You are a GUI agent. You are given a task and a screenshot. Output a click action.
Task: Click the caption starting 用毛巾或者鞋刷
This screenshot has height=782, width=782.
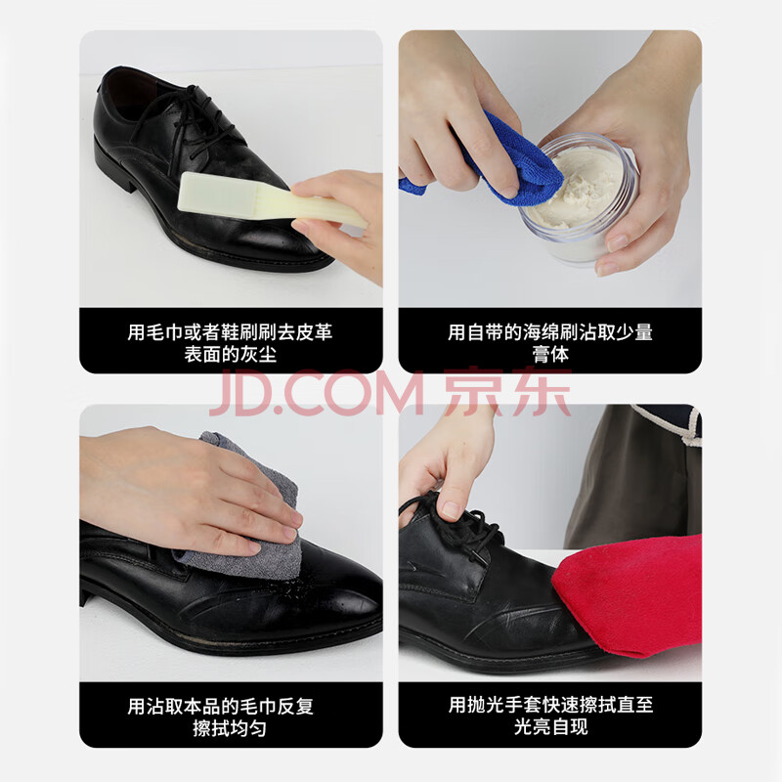[x=231, y=343]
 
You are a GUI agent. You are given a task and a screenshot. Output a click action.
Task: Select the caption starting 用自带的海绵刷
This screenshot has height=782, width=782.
[x=550, y=343]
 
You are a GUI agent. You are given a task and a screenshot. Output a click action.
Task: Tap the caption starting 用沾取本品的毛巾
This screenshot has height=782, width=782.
[x=221, y=717]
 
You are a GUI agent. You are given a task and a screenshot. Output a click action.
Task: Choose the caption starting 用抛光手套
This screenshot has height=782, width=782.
[x=550, y=717]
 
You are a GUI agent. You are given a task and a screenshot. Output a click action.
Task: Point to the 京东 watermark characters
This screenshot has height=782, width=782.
[x=506, y=392]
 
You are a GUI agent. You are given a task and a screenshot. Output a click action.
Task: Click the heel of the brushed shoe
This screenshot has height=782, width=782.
[x=114, y=167]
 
